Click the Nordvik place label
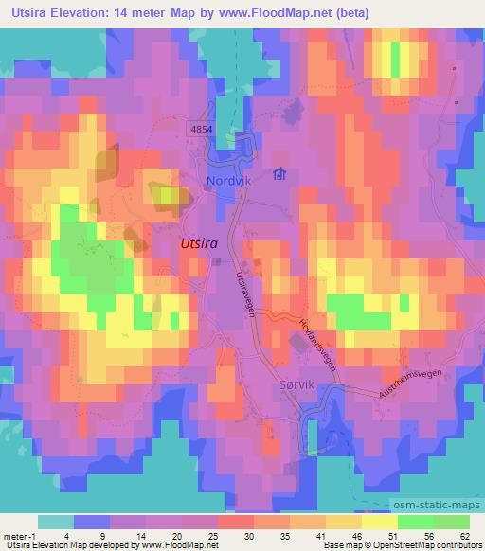227,179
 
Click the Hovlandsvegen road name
319,348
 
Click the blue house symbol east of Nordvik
279,174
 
